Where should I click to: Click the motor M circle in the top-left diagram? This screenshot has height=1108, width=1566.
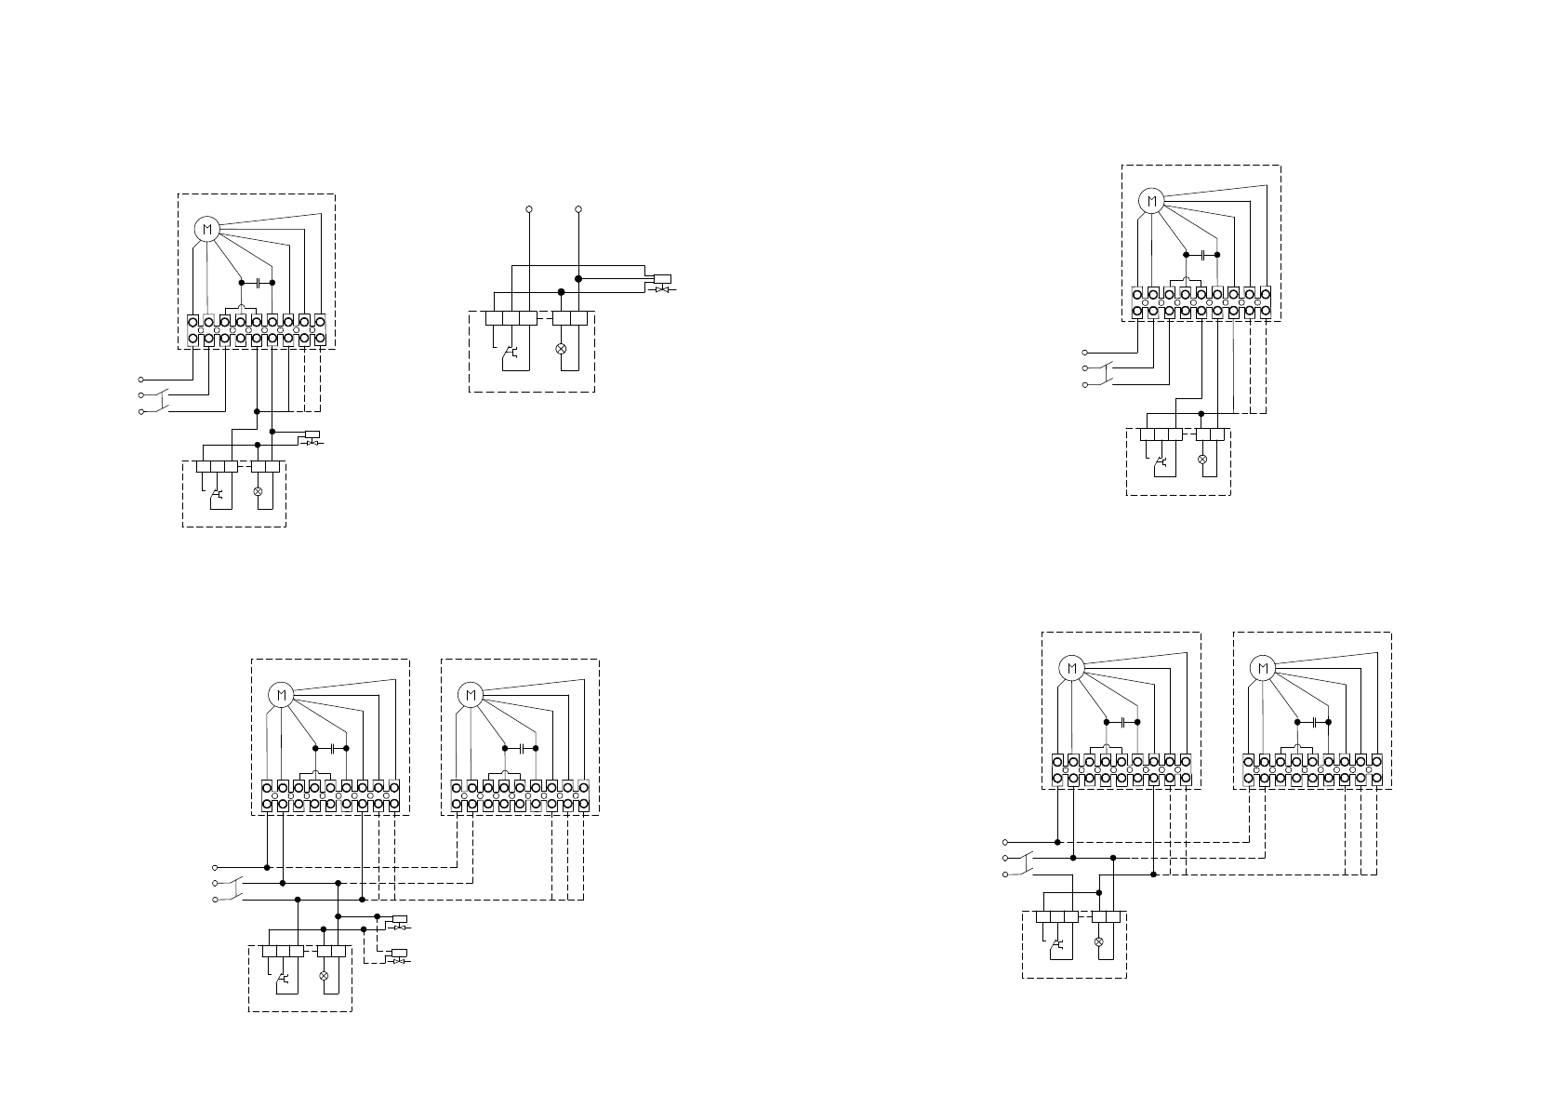coord(206,229)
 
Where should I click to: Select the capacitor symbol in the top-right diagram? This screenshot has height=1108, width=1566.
coord(1201,254)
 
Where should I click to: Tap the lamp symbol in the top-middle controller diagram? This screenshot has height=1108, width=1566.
coord(561,348)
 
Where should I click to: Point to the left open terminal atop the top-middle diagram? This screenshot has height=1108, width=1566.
coord(529,209)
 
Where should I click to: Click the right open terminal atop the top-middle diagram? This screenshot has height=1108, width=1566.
coord(578,209)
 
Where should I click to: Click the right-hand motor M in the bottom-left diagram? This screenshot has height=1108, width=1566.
coord(471,694)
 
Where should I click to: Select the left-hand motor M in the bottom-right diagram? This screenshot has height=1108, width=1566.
coord(1071,668)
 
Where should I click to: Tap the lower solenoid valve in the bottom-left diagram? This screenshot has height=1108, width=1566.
coord(398,955)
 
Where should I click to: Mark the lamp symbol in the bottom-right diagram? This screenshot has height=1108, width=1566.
coord(1099,941)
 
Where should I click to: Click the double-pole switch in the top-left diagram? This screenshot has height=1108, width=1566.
coord(162,402)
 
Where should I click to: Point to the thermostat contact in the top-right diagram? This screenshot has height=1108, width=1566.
coord(1159,460)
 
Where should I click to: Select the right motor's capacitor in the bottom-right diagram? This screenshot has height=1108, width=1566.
coord(1312,722)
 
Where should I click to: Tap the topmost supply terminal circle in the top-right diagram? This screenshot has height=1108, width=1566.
coord(1084,353)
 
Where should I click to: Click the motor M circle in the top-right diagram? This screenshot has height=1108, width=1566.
coord(1151,200)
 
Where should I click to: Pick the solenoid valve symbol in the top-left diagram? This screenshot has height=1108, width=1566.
coord(312,436)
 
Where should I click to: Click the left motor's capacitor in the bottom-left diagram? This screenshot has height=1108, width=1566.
coord(331,748)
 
